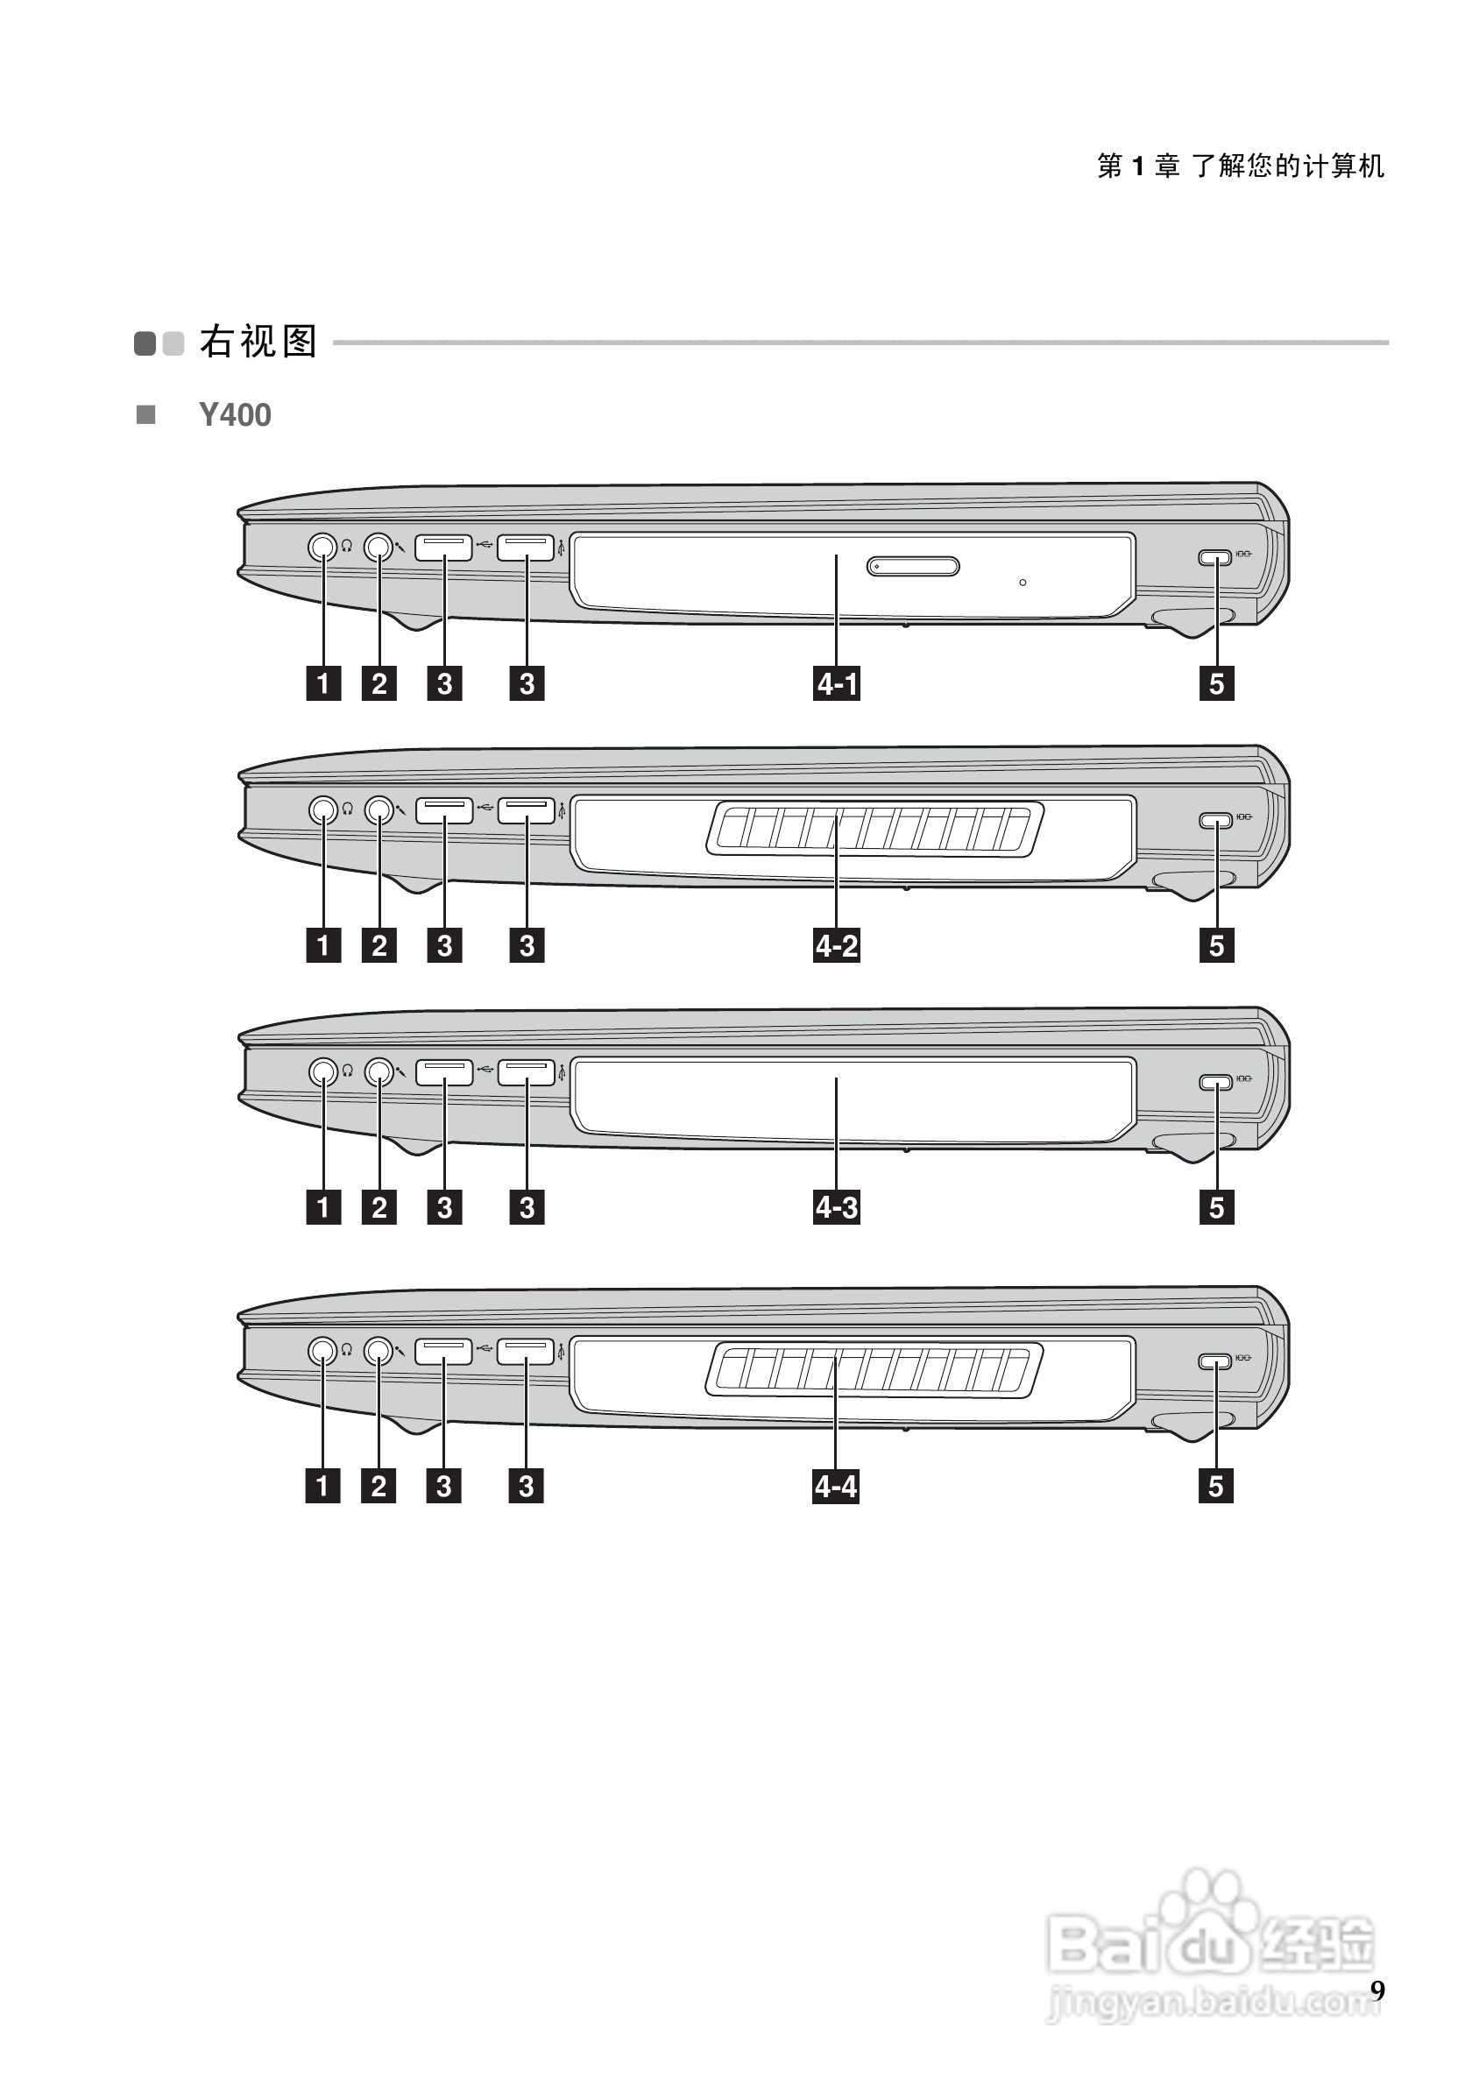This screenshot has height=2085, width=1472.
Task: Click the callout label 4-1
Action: [x=837, y=683]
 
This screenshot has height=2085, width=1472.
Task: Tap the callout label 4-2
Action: [x=837, y=945]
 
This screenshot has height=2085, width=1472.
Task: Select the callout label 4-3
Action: [x=837, y=1208]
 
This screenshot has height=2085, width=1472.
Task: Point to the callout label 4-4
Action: [x=835, y=1487]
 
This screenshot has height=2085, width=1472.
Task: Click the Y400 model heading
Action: [x=234, y=415]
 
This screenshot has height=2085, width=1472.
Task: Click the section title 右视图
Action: [x=258, y=343]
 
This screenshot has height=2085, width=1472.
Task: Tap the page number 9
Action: [x=1376, y=1990]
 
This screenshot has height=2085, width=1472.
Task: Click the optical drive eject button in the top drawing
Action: [x=913, y=567]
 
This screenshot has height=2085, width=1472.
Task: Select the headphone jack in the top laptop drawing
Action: [x=322, y=547]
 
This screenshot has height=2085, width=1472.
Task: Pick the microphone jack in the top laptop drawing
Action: [x=379, y=547]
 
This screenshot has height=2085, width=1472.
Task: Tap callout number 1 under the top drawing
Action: [x=323, y=683]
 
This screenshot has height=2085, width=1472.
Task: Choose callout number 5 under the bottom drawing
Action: [x=1216, y=1487]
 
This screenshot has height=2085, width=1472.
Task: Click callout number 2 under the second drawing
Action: [x=379, y=945]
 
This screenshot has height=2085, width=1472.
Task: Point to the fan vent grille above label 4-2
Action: [x=874, y=829]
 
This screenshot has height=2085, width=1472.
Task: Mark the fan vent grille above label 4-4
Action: [x=874, y=1371]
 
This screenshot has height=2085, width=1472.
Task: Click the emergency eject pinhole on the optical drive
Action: [x=1023, y=582]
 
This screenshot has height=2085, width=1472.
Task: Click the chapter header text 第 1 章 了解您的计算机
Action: [x=1241, y=166]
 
